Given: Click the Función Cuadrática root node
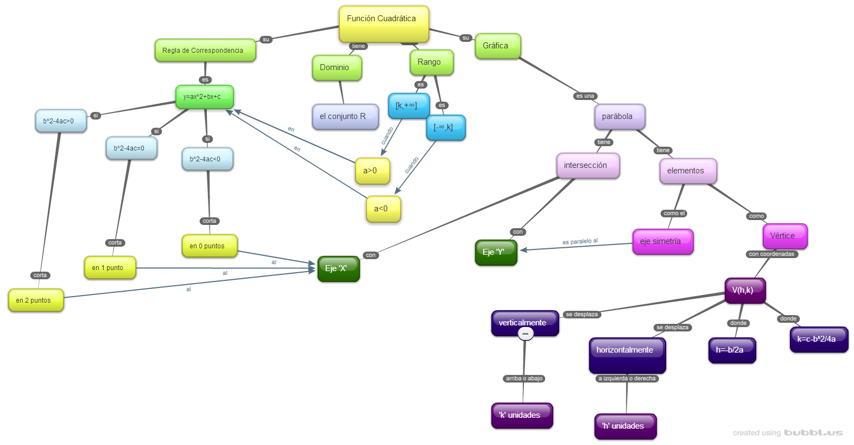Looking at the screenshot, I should tap(384, 24).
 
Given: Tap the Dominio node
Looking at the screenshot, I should tap(337, 68).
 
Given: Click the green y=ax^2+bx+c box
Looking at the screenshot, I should tap(204, 97).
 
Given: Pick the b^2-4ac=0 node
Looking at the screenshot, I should tap(131, 148).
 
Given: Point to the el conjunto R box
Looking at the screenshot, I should tap(345, 117).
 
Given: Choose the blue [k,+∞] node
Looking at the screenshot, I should tap(408, 105).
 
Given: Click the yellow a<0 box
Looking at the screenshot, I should tap(383, 209).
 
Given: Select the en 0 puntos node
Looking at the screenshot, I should tap(210, 246).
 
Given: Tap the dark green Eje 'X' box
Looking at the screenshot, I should tap(338, 268).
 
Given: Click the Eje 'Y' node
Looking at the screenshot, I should tap(496, 253).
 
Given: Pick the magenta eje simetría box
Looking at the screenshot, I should tap(662, 242).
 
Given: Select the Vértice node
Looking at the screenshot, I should tap(785, 236).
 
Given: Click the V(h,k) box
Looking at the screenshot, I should tap(745, 290).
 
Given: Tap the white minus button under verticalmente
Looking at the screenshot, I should tap(525, 334).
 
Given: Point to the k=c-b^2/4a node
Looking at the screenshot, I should tap(819, 339).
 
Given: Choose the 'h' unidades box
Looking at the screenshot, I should tap(625, 426).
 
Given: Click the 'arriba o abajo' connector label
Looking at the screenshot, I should tap(524, 379).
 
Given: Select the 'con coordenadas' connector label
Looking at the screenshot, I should tap(771, 254).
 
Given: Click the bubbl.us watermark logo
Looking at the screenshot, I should tap(813, 433).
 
